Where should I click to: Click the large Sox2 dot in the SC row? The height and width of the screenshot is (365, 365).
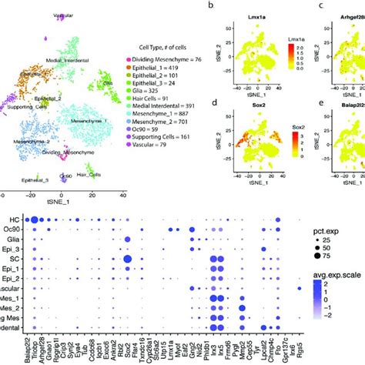coord(128,259)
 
